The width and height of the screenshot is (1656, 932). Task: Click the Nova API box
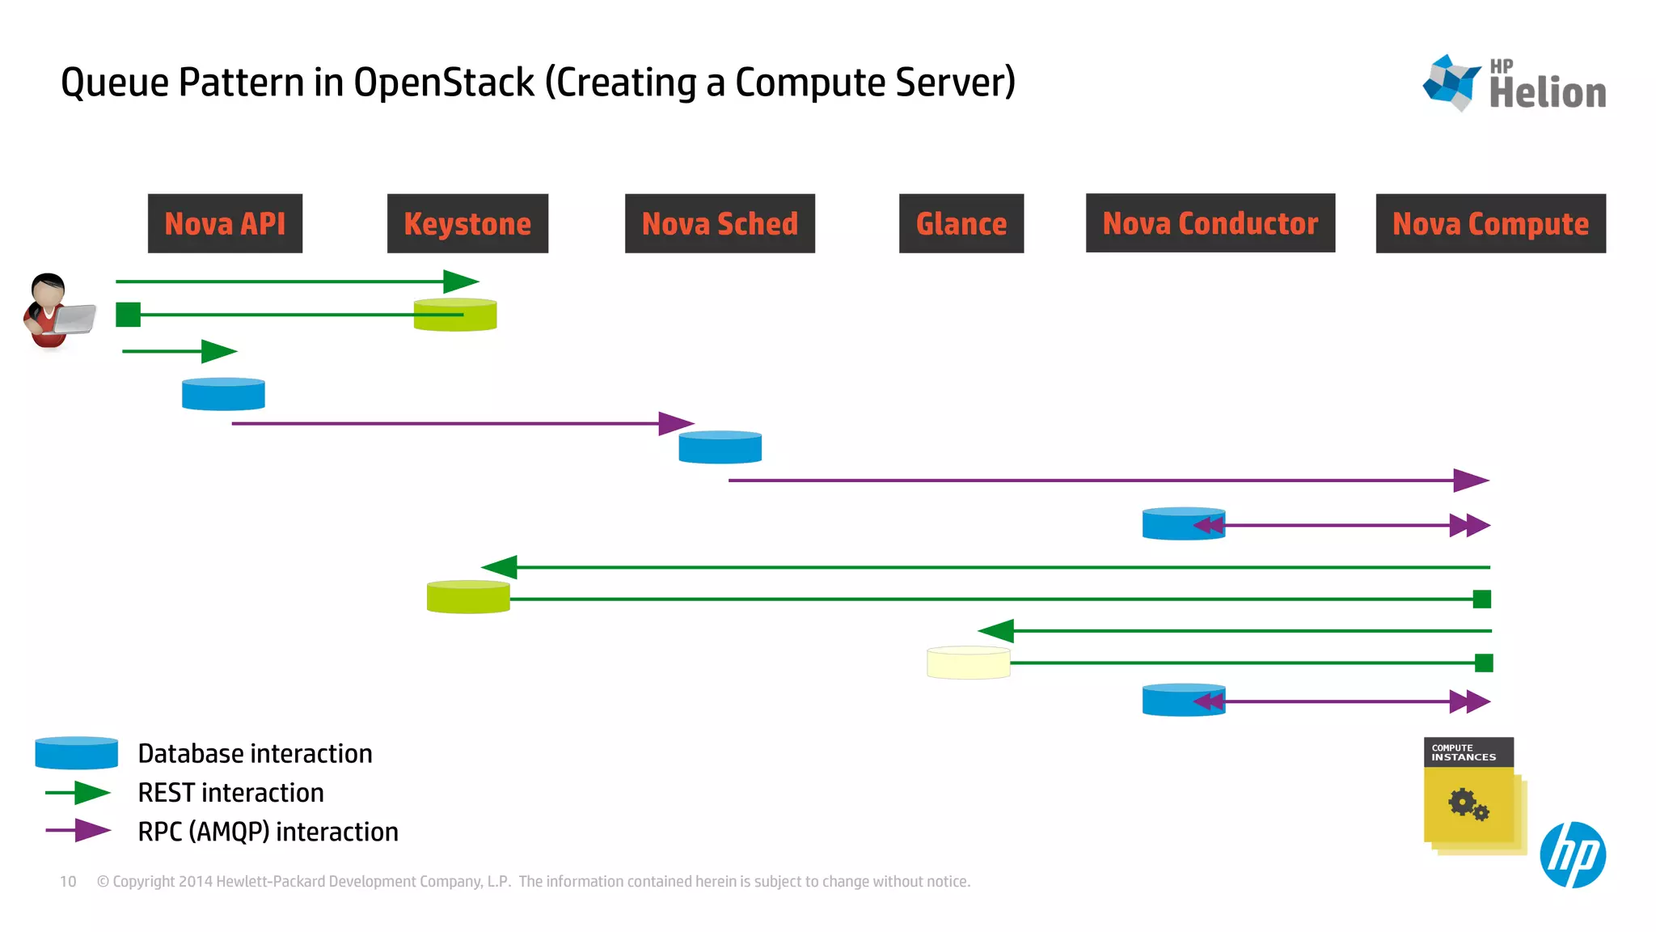[x=225, y=223]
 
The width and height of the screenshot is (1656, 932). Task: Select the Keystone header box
[x=467, y=223]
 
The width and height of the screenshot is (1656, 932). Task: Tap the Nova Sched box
[x=720, y=223]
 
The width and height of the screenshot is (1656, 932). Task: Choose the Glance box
[x=961, y=223]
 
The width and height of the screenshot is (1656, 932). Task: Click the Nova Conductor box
[x=1210, y=222]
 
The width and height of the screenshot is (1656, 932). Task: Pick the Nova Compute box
[x=1490, y=223]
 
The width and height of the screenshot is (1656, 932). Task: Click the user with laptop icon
[x=55, y=311]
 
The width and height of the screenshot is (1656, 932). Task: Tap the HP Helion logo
[x=1514, y=84]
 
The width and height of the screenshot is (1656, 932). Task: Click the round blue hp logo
[x=1572, y=855]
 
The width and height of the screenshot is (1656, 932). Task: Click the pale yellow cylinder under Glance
[x=968, y=663]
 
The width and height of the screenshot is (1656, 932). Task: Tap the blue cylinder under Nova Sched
[x=720, y=447]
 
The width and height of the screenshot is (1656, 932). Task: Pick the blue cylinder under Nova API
[x=223, y=395]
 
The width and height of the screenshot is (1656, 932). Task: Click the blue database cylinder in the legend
[x=77, y=753]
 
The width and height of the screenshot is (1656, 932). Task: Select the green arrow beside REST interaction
[x=78, y=793]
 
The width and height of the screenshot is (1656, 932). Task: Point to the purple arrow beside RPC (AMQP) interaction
[x=78, y=831]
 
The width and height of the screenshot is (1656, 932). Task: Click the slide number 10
[x=68, y=882]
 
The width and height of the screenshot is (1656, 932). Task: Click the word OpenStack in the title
[x=444, y=83]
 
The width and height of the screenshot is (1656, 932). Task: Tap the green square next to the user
[x=128, y=315]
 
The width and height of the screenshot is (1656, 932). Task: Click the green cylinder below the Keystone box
[x=455, y=316]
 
